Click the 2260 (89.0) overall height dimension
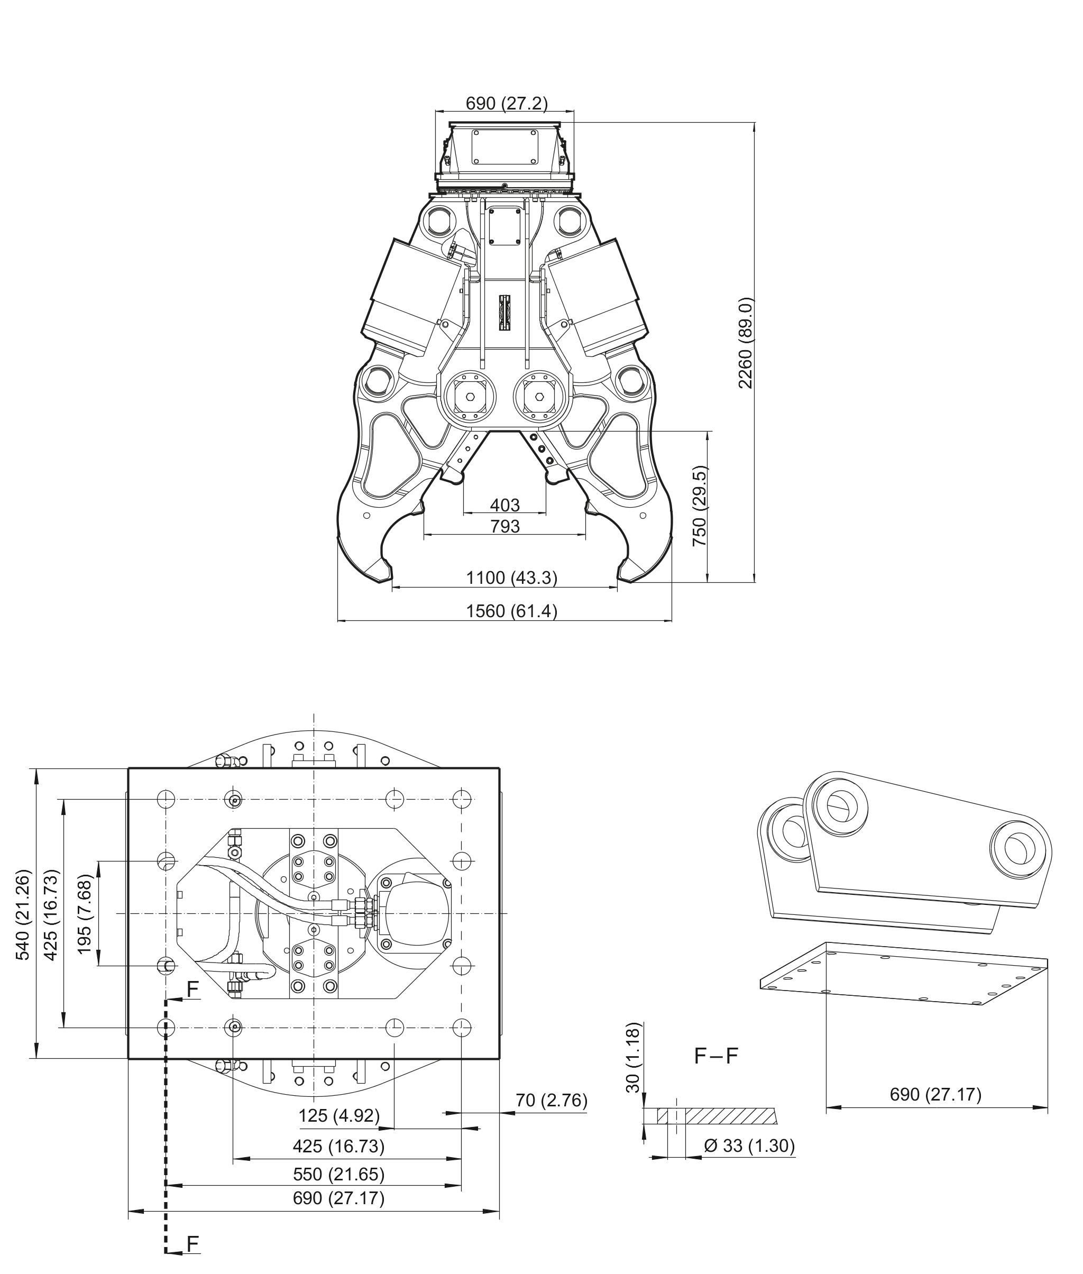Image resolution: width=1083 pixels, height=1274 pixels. pos(746,343)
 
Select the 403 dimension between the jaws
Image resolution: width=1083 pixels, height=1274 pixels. pos(504,505)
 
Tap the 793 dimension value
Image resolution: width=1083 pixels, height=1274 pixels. pos(504,526)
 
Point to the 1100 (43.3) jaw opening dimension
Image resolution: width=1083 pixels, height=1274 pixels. pos(511,578)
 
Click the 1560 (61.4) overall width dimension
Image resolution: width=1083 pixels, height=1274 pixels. pos(511,611)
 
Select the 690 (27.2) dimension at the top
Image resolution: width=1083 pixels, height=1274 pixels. pos(507,103)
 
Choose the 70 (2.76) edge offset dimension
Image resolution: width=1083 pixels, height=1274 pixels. pos(552,1100)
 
